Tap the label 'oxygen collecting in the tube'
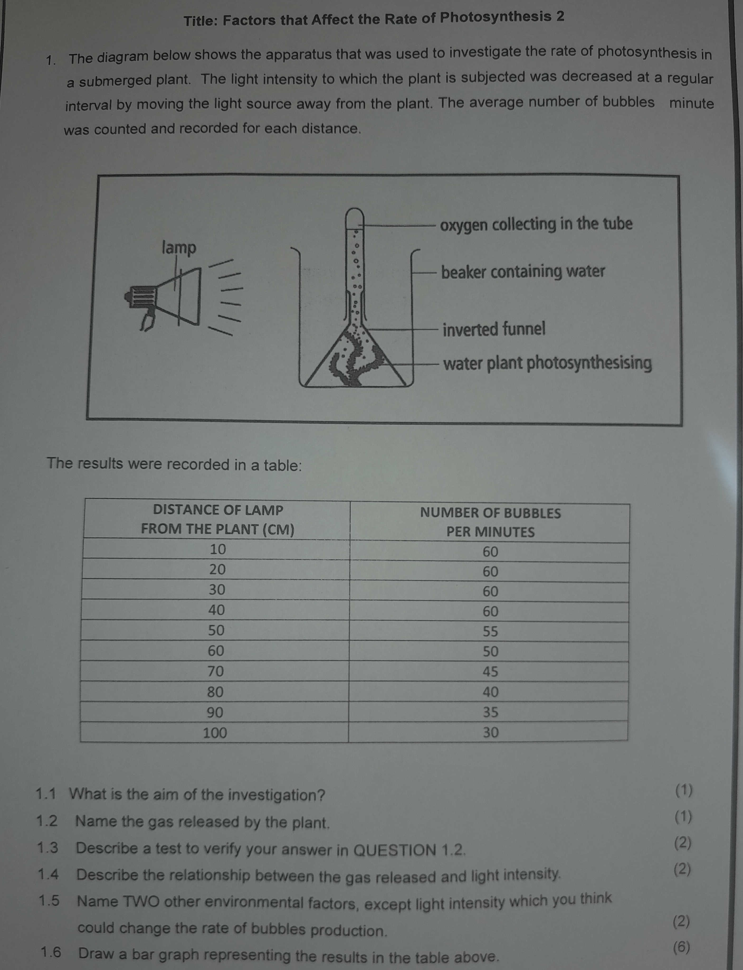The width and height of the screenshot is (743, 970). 536,224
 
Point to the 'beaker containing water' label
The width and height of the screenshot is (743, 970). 523,271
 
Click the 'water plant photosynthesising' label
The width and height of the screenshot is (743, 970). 547,363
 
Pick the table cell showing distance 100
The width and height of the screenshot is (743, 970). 215,733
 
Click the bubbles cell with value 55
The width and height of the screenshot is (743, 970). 490,631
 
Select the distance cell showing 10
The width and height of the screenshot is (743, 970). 218,549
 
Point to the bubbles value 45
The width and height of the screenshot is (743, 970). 490,671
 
